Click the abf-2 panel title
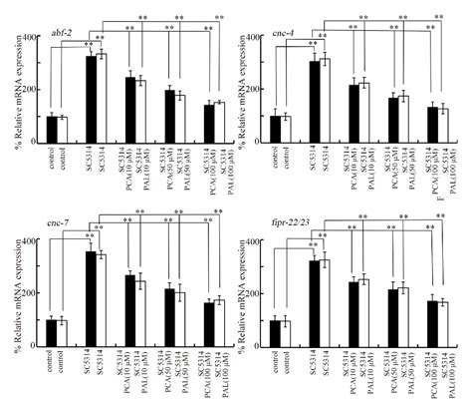pyautogui.click(x=64, y=35)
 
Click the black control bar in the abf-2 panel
pyautogui.click(x=52, y=131)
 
